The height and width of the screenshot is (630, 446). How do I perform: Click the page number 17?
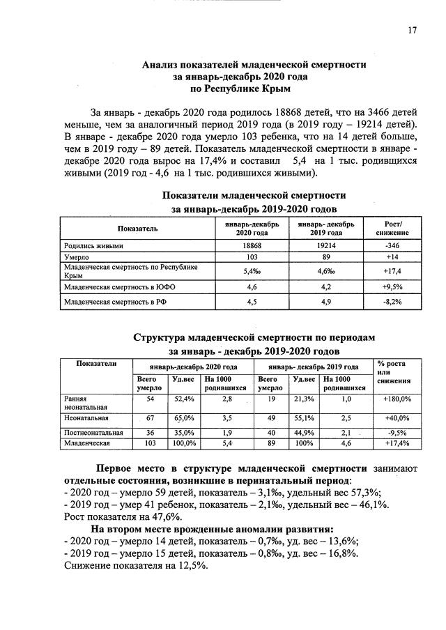click(x=412, y=29)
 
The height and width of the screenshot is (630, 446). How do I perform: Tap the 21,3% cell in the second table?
click(x=304, y=399)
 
